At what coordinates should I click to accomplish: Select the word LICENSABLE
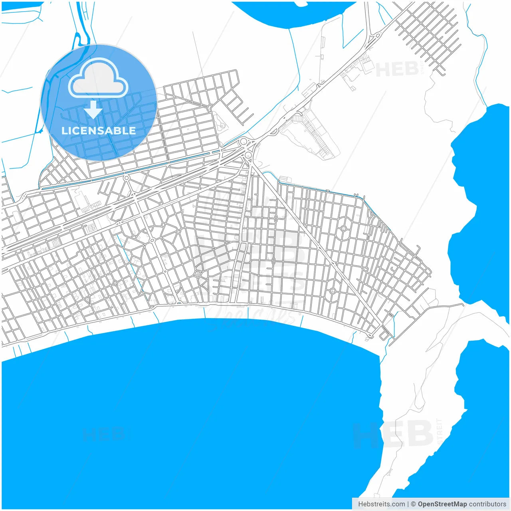[x=99, y=131]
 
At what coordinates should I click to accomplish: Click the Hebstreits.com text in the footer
[x=381, y=504]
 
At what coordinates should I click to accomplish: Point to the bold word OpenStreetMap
[x=442, y=504]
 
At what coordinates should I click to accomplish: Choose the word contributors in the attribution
[x=487, y=504]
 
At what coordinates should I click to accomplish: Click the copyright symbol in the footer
[x=414, y=504]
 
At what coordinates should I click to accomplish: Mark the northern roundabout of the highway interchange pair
[x=243, y=141]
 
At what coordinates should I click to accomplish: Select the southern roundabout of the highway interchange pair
[x=248, y=154]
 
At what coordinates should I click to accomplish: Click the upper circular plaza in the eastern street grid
[x=343, y=229]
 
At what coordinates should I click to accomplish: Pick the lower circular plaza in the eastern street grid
[x=333, y=291]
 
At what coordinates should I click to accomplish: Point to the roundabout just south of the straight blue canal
[x=126, y=178]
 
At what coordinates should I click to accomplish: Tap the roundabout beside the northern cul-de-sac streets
[x=210, y=108]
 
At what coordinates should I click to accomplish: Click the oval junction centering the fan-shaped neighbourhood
[x=152, y=240]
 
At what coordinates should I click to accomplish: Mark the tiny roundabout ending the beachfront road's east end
[x=371, y=336]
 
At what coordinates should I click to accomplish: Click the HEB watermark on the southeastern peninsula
[x=393, y=434]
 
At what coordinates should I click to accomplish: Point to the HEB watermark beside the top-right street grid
[x=397, y=69]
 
